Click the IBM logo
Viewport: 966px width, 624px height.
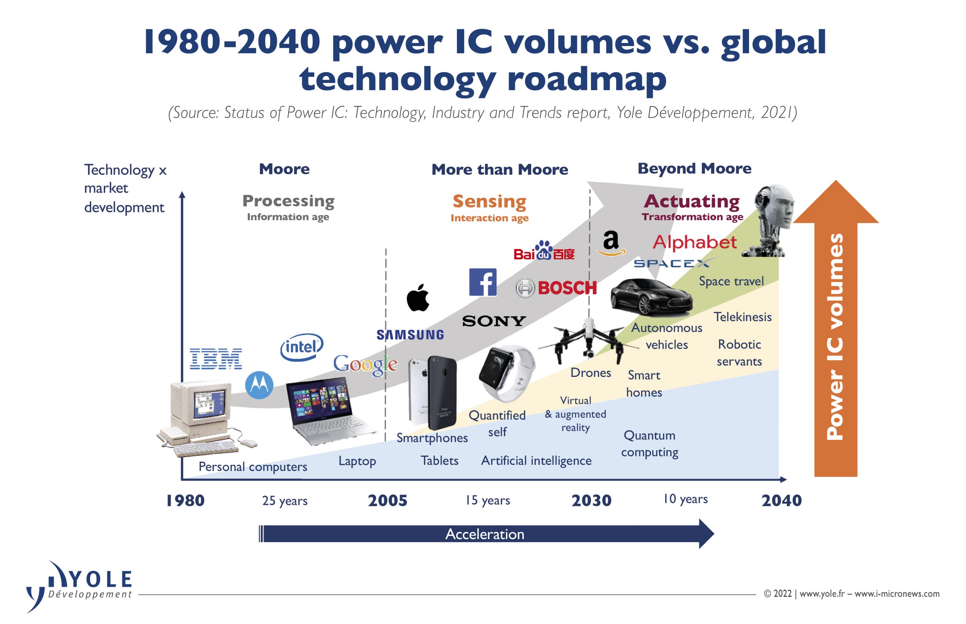pos(216,359)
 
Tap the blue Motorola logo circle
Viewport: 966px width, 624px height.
pos(259,384)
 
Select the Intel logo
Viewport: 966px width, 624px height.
pos(302,347)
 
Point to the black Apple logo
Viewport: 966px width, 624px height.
pos(418,298)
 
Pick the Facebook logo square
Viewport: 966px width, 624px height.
pos(483,282)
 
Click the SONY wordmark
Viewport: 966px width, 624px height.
pos(494,321)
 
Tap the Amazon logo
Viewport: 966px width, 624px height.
pos(611,243)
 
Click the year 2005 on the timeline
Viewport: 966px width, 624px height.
pos(388,501)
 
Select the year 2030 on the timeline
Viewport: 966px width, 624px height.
pos(591,501)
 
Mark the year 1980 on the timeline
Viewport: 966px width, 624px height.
pos(185,501)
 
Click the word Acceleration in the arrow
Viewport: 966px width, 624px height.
pos(485,534)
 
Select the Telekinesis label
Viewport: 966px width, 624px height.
pos(742,317)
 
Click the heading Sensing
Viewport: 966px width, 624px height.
pos(489,201)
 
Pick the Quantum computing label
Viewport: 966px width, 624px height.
pos(649,444)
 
